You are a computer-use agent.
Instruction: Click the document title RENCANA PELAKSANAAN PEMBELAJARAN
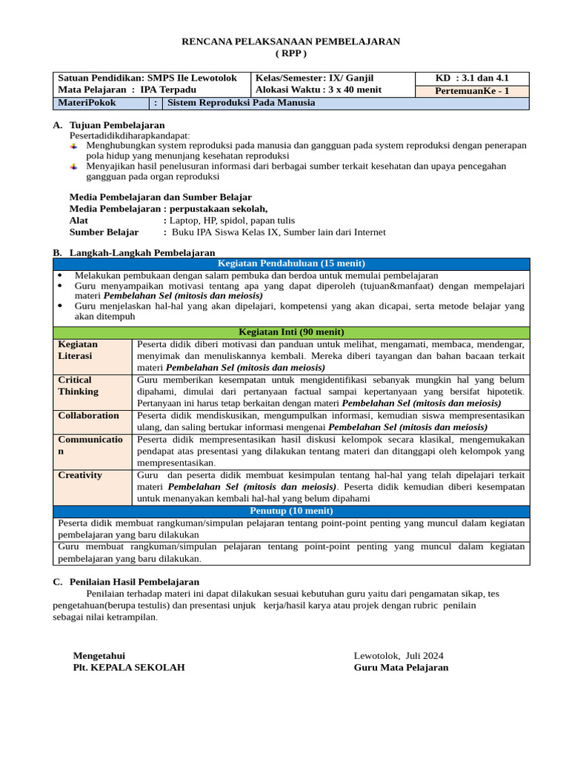point(291,41)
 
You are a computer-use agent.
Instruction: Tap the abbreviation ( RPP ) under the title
point(291,53)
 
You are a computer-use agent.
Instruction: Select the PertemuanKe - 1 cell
point(482,91)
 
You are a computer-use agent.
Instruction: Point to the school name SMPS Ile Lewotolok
point(192,78)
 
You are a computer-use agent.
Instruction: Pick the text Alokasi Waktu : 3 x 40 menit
point(319,90)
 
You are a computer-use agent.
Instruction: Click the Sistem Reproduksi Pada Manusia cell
point(242,103)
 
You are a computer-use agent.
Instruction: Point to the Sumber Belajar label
point(104,232)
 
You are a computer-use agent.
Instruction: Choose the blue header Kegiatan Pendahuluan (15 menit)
point(291,264)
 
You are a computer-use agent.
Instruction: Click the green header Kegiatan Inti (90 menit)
point(291,332)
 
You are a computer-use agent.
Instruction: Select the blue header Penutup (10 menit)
point(291,511)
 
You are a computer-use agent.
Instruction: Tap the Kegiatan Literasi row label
point(79,350)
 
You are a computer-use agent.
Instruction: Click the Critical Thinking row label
point(79,386)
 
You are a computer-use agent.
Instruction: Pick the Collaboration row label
point(89,416)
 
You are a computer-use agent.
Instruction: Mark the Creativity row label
point(80,475)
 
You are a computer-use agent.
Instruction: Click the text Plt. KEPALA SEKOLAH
point(129,667)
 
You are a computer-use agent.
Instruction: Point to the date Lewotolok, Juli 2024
point(399,655)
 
